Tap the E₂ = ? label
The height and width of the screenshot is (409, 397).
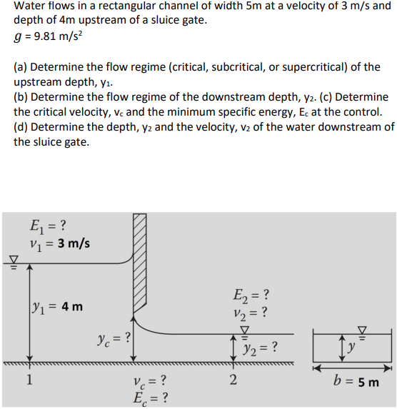[251, 295]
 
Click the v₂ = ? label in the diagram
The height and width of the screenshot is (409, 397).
[251, 311]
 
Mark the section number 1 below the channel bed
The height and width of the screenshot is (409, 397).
[29, 379]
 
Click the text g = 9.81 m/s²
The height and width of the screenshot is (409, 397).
[50, 38]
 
